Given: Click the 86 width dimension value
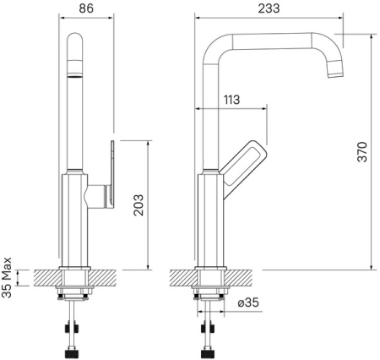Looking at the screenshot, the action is (x=86, y=8).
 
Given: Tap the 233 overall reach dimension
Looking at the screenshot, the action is (x=269, y=8).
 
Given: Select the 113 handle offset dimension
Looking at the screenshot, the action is (x=231, y=100).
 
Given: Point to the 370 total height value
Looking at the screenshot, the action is (x=362, y=152).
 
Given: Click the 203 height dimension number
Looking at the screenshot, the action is (x=138, y=205).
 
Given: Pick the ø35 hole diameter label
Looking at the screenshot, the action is (x=247, y=303).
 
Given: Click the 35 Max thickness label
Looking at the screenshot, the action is (x=7, y=277).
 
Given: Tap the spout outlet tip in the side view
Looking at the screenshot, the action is (x=336, y=74).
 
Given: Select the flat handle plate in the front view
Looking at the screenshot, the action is (x=112, y=174).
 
